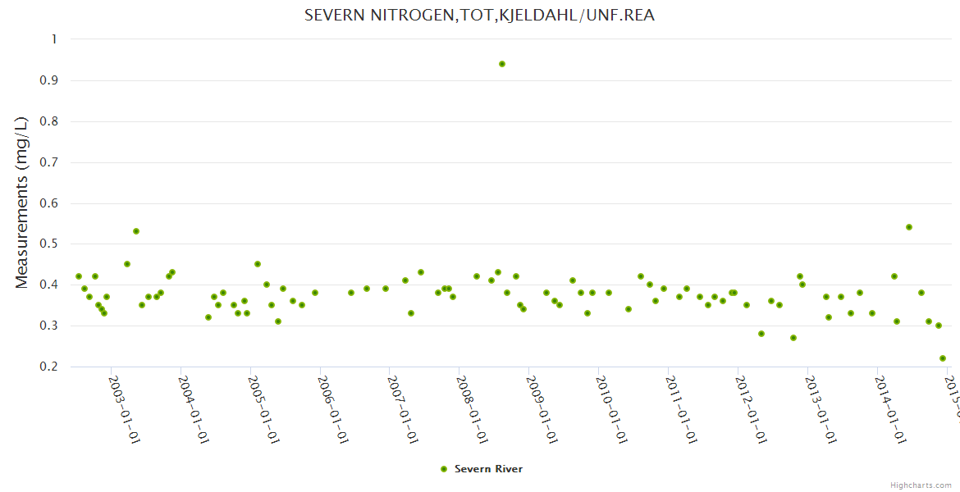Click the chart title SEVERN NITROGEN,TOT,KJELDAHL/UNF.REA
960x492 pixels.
(479, 16)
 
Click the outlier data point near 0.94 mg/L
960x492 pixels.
(502, 64)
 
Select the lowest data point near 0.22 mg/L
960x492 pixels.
(943, 358)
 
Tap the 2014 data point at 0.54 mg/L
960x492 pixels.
(909, 227)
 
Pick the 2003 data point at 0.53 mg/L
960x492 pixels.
(136, 231)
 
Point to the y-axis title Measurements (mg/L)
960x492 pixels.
(22, 202)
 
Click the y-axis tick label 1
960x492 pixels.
(54, 39)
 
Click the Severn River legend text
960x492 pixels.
(488, 469)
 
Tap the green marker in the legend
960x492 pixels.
(444, 469)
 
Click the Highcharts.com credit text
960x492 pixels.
(921, 485)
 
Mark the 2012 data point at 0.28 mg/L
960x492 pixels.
(761, 334)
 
